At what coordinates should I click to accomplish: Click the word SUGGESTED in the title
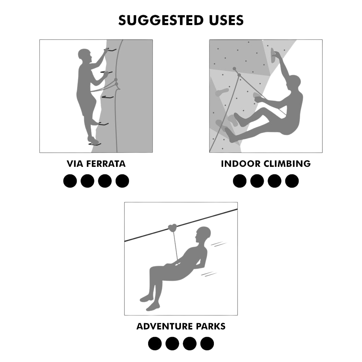pos(161,20)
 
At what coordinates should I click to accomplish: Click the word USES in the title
pos(226,20)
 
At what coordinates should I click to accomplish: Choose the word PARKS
pos(210,326)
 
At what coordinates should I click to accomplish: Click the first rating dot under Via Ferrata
pos(70,181)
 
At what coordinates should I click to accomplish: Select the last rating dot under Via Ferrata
pos(122,181)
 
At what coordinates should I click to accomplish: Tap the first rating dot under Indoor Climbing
pos(240,181)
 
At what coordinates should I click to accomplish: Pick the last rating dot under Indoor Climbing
pos(292,181)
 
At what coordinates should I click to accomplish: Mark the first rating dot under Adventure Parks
pos(155,343)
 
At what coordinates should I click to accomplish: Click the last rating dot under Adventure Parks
pos(207,343)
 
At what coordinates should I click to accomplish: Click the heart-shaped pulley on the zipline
pos(173,227)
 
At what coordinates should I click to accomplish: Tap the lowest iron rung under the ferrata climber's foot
pos(95,143)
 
